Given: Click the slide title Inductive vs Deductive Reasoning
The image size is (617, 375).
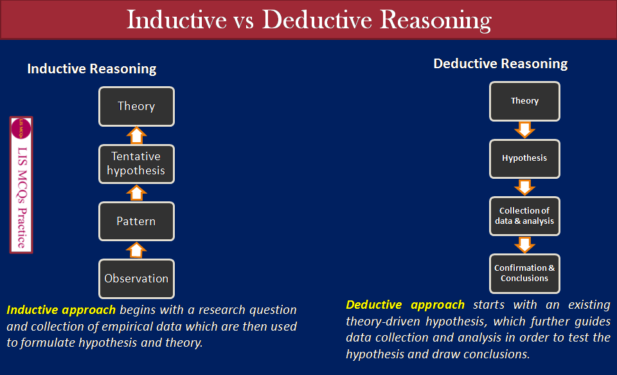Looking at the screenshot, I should pos(308,19).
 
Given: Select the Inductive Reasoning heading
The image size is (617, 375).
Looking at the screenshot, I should pos(91,69).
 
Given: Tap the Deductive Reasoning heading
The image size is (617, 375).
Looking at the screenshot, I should pos(500,64).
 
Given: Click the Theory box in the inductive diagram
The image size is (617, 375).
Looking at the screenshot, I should pos(136,106).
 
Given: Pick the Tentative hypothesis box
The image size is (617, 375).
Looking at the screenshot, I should pos(136,163).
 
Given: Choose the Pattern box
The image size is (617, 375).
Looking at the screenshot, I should pos(136,221).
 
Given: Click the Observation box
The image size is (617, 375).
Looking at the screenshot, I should pos(136,279).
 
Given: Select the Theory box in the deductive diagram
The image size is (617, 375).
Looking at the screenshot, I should pos(524,101).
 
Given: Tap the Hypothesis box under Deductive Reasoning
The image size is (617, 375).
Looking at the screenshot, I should pos(524,158).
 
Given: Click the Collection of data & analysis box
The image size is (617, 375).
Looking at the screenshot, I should pos(524,216).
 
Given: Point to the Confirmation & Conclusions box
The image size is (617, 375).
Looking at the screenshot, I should pos(524,273).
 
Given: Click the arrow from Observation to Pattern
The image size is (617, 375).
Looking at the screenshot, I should pos(136,250).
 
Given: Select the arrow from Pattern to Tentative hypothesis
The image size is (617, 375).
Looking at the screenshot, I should pos(136,192).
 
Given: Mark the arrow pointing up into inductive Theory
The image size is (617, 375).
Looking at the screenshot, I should pos(136,134).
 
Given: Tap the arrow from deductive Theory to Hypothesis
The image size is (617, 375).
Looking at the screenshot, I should pos(524,130).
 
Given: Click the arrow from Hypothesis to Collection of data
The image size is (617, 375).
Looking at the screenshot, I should pos(524,187).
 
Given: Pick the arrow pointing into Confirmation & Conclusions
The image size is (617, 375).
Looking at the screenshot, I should pos(524,244).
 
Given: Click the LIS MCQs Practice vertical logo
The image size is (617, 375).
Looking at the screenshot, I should pos(21,185).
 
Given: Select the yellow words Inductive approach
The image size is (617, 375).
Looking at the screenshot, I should pos(61,310).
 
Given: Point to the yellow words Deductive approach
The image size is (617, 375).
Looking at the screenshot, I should pos(405,305).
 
